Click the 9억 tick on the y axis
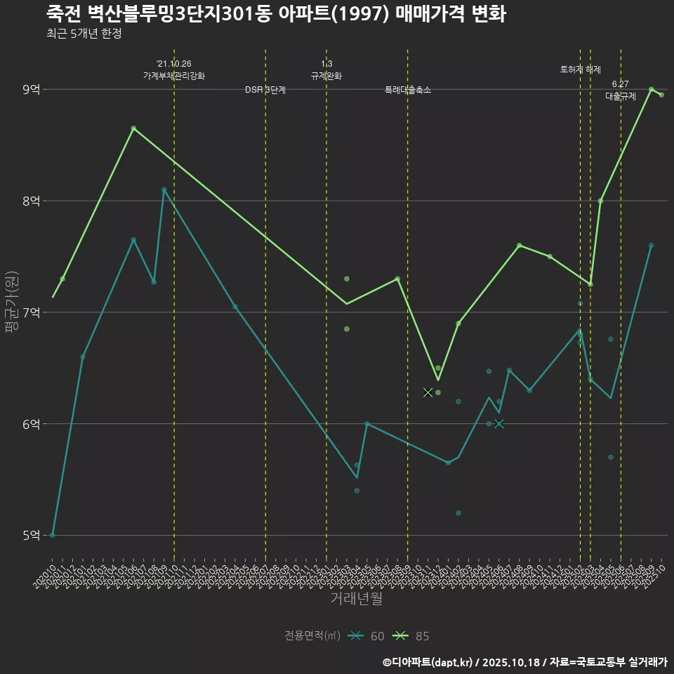[31, 89]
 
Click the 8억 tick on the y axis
[31, 201]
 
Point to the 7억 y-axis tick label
[31, 312]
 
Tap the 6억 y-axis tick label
[31, 424]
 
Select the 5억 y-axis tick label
[31, 536]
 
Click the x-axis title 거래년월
[357, 599]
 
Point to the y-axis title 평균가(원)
[11, 302]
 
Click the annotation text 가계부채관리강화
[174, 75]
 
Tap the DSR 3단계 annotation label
[265, 90]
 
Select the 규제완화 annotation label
[326, 75]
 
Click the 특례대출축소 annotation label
[408, 90]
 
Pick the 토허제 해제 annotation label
[581, 70]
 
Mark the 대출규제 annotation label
[621, 96]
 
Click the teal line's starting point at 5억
[53, 535]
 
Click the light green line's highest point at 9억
[652, 89]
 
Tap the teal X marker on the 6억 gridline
[499, 424]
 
